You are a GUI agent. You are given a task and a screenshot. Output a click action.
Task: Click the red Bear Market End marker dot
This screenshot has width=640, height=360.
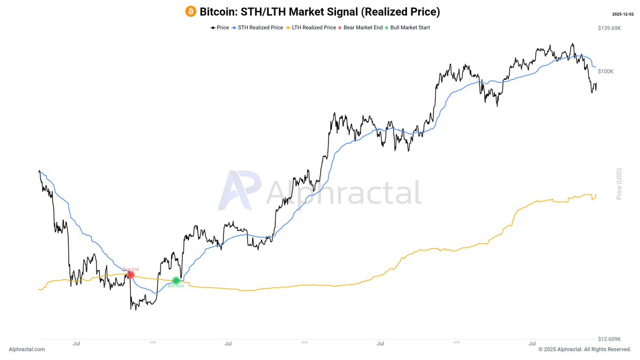pyautogui.click(x=131, y=275)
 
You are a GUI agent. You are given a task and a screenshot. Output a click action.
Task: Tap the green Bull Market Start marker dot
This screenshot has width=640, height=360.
pyautogui.click(x=176, y=281)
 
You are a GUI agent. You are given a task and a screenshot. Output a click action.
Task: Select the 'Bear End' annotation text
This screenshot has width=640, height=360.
pyautogui.click(x=130, y=269)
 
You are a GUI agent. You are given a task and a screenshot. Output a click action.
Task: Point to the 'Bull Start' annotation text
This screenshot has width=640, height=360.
pyautogui.click(x=176, y=286)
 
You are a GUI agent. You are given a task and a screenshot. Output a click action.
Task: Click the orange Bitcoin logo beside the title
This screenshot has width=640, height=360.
pyautogui.click(x=190, y=11)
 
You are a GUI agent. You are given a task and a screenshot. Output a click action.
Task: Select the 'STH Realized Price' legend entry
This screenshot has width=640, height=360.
pyautogui.click(x=258, y=28)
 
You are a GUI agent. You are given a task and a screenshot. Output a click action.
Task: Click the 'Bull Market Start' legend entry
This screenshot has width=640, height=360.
pyautogui.click(x=410, y=28)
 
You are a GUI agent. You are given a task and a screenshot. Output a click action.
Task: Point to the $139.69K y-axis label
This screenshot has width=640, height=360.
pyautogui.click(x=610, y=28)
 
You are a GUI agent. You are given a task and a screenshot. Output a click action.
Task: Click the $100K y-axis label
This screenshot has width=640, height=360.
pyautogui.click(x=605, y=71)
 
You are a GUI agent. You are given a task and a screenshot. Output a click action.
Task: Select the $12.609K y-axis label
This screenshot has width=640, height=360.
pyautogui.click(x=610, y=339)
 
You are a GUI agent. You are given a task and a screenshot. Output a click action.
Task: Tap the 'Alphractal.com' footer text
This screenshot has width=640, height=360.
pyautogui.click(x=27, y=349)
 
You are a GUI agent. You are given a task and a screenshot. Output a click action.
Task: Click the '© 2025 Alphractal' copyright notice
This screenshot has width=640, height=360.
pyautogui.click(x=585, y=349)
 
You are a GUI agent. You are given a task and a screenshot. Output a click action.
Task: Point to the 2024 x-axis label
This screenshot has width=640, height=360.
pyautogui.click(x=305, y=342)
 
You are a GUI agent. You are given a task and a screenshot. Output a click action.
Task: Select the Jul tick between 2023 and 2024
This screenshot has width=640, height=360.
pyautogui.click(x=228, y=345)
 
